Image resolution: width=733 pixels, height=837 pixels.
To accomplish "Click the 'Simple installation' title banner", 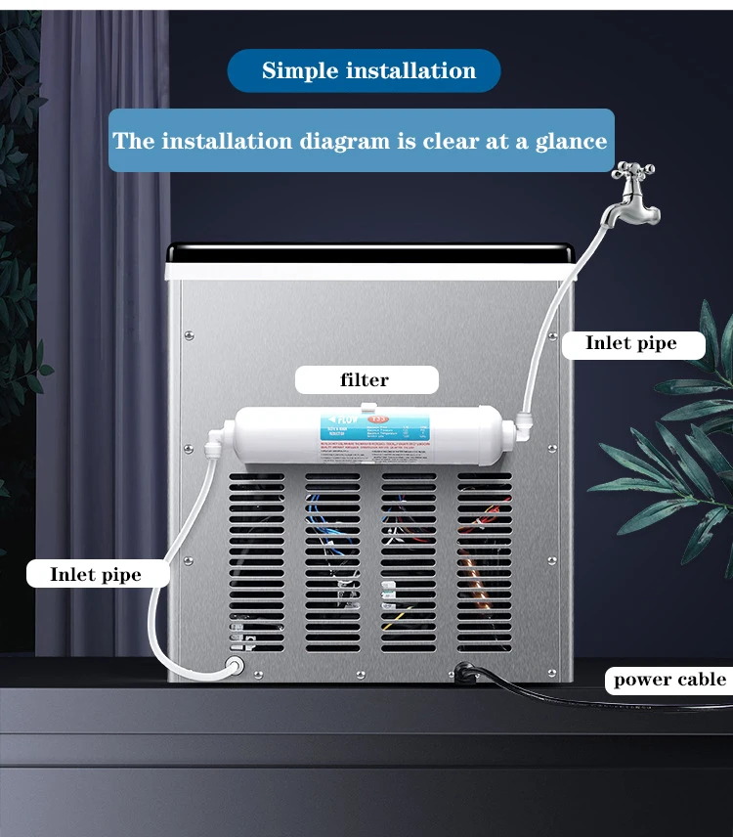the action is [x=364, y=71].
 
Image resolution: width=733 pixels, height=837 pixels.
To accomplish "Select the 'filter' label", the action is [x=365, y=380].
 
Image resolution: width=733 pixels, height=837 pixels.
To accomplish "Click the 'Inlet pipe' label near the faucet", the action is [x=631, y=343].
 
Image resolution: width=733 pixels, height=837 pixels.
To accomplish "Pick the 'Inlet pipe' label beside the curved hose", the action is [x=96, y=574].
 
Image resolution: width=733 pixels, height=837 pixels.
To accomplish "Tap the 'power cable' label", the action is [x=669, y=680].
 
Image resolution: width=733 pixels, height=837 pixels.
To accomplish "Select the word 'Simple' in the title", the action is [x=299, y=71].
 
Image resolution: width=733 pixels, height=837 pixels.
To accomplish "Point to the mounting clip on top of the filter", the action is [x=365, y=404].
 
